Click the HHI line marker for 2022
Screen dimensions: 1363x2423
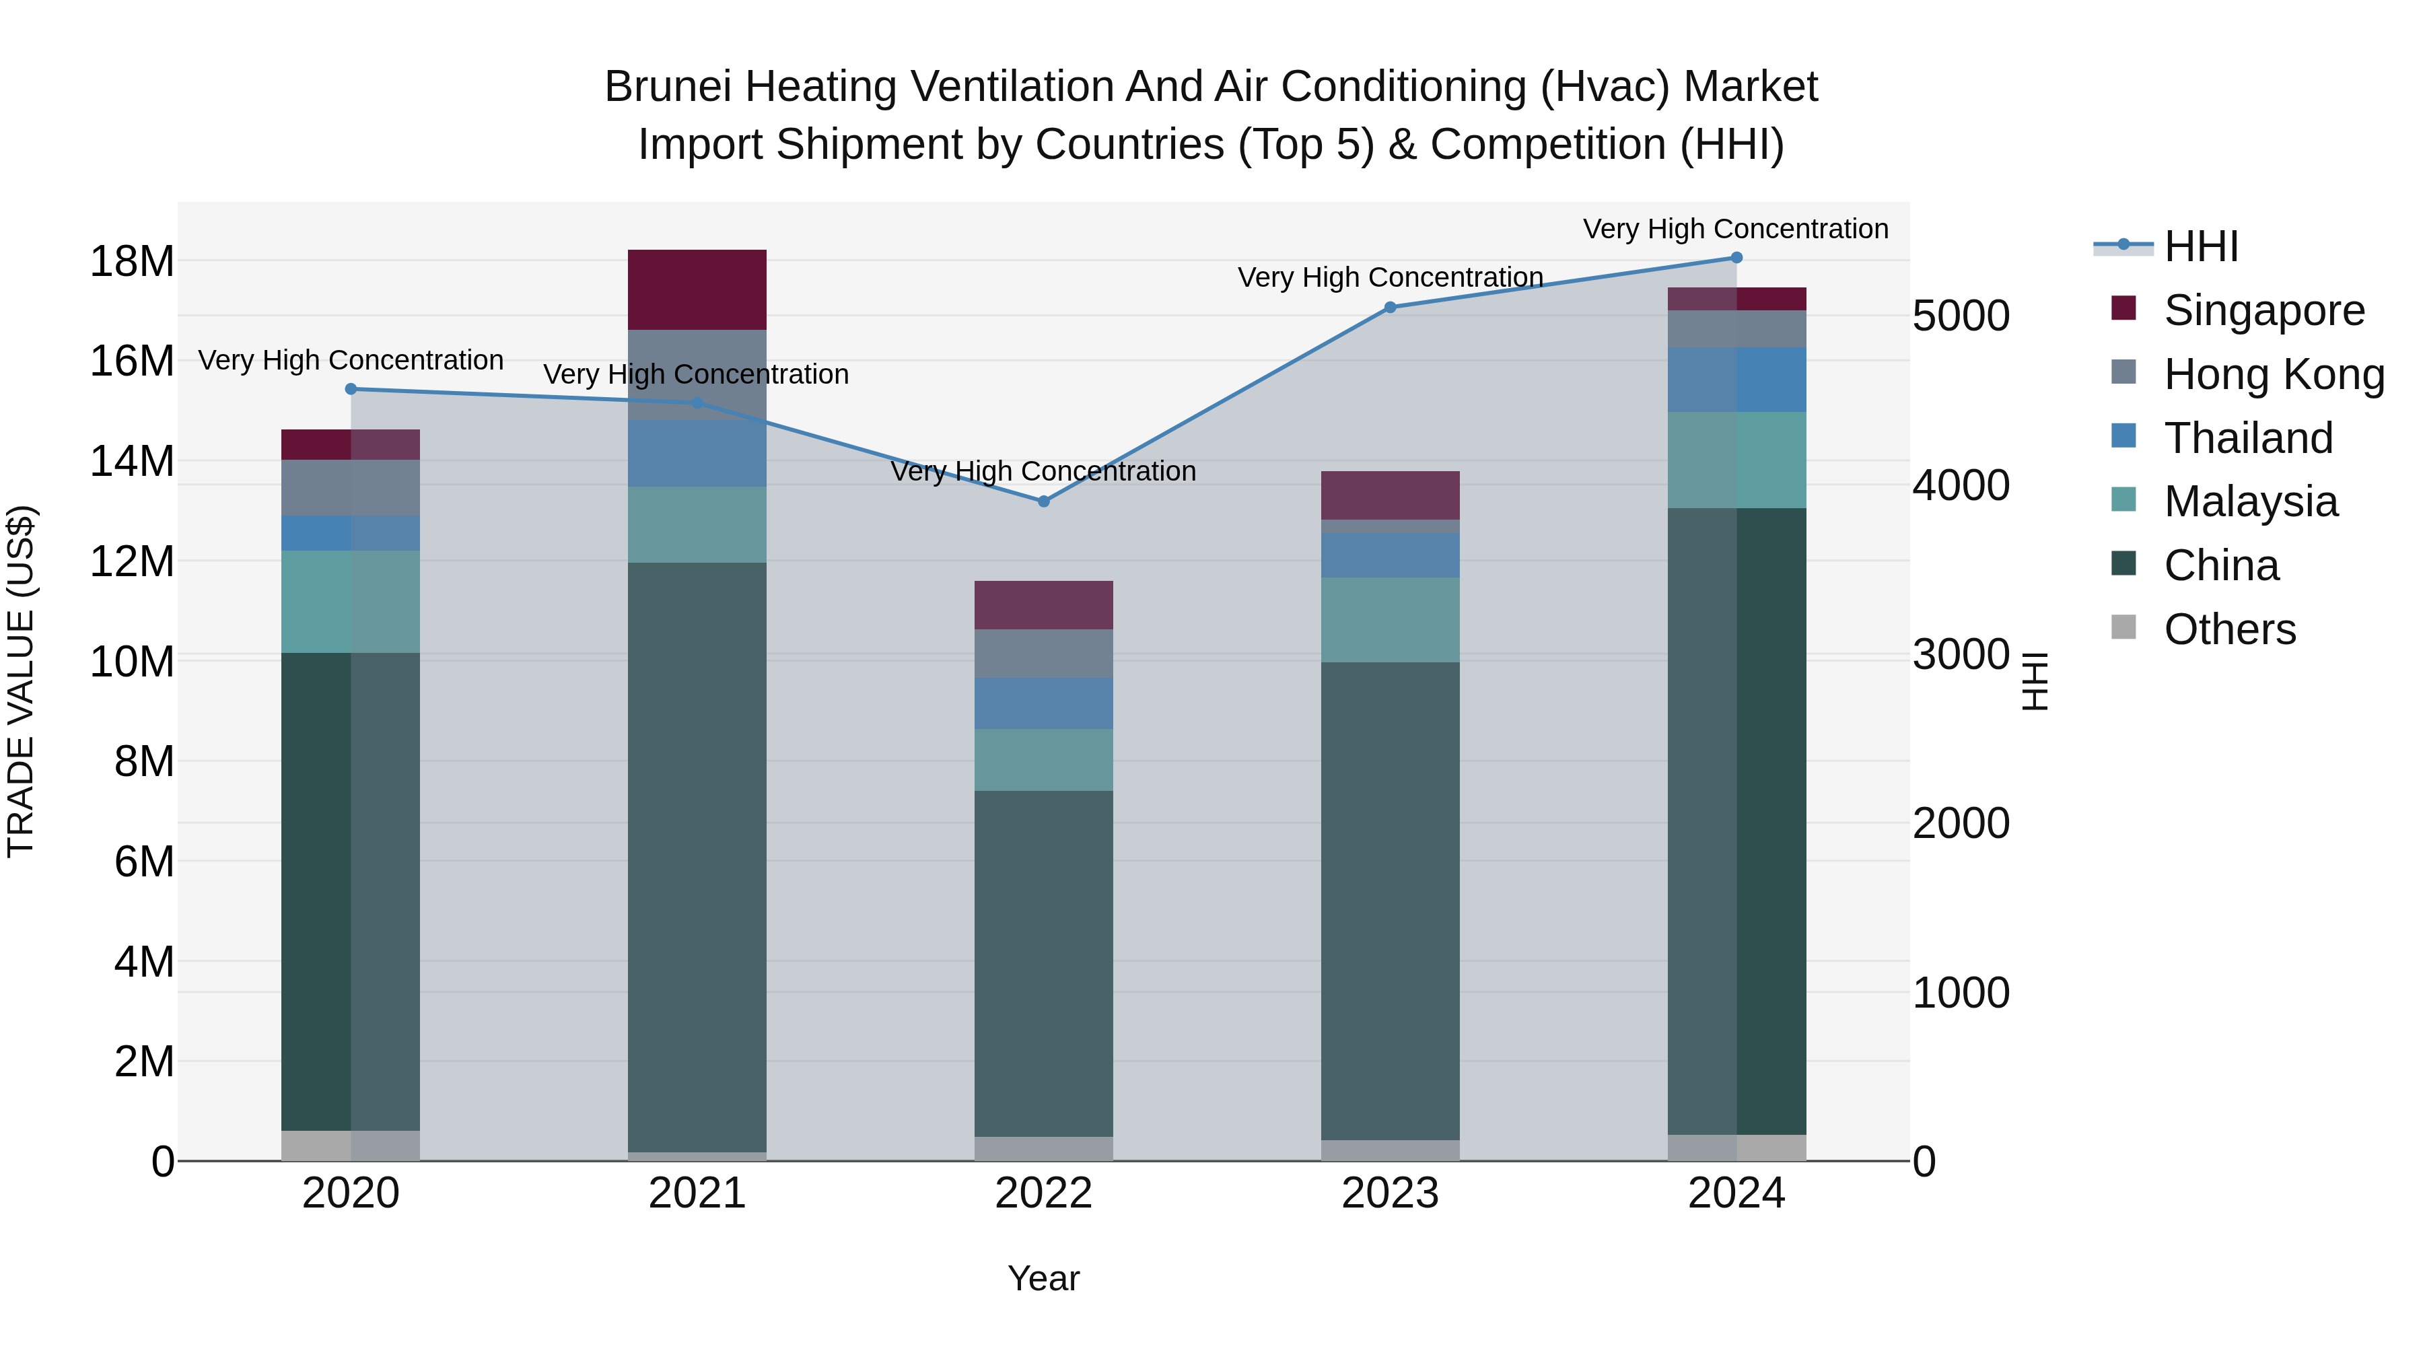pyautogui.click(x=1043, y=501)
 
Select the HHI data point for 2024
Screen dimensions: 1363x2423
pyautogui.click(x=1736, y=258)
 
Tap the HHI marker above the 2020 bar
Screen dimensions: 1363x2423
pyautogui.click(x=351, y=388)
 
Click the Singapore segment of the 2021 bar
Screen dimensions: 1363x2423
pyautogui.click(x=697, y=289)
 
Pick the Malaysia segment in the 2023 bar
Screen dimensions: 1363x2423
pyautogui.click(x=1391, y=620)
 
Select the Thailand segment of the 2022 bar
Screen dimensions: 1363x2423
pyautogui.click(x=1043, y=703)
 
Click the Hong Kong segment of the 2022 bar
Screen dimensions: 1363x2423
pyautogui.click(x=1043, y=654)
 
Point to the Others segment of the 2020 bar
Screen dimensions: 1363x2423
pyautogui.click(x=351, y=1146)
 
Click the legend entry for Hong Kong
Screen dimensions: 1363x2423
pyautogui.click(x=2274, y=374)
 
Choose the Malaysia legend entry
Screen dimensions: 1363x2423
pyautogui.click(x=2250, y=501)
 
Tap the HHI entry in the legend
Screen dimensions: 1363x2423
pyautogui.click(x=2201, y=246)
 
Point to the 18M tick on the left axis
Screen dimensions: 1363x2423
pyautogui.click(x=132, y=262)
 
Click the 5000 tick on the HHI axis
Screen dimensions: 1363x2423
pyautogui.click(x=1961, y=316)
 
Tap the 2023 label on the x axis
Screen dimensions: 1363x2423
pyautogui.click(x=1391, y=1193)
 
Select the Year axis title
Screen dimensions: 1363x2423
pyautogui.click(x=1043, y=1278)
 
